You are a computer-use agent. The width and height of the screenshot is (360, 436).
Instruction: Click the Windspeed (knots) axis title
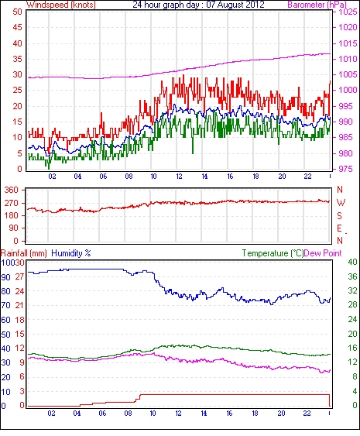(61, 5)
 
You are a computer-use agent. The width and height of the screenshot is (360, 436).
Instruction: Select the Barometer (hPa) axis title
(317, 5)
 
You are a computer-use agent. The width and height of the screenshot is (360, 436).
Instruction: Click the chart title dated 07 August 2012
(198, 5)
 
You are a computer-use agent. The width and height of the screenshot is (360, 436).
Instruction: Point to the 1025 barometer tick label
(348, 12)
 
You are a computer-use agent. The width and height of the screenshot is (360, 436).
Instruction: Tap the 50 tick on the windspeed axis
(17, 12)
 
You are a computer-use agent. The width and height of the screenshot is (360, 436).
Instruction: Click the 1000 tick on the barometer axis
(348, 90)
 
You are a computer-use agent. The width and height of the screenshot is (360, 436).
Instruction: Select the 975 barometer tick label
(345, 169)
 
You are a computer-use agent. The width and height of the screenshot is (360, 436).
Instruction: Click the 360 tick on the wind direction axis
(12, 191)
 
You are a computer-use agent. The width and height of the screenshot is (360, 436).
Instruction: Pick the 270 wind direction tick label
(12, 203)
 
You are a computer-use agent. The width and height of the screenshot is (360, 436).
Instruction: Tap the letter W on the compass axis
(341, 203)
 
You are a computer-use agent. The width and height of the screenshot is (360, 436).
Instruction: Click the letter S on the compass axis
(339, 215)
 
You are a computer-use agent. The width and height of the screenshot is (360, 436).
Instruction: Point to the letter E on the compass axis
(339, 228)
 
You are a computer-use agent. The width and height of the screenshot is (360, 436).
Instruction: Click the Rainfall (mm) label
(24, 253)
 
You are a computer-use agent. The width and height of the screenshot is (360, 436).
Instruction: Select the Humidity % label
(71, 253)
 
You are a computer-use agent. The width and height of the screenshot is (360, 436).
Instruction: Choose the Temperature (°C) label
(273, 253)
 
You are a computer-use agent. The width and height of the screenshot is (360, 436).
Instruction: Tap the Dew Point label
(323, 253)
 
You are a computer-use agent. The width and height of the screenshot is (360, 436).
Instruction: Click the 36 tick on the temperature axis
(353, 276)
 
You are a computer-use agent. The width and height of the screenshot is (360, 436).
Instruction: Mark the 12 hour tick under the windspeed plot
(179, 177)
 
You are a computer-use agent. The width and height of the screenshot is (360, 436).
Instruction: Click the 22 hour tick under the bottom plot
(307, 414)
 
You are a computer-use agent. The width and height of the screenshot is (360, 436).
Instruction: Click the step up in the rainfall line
(139, 398)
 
